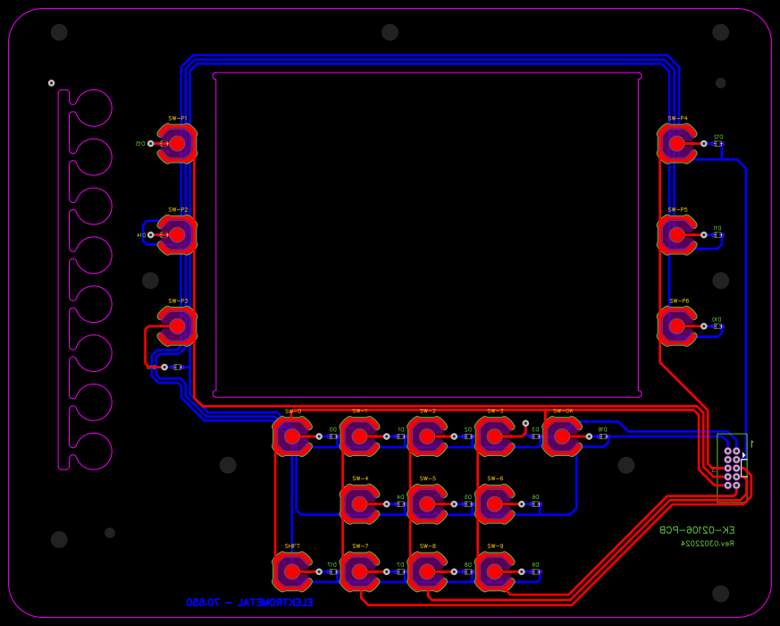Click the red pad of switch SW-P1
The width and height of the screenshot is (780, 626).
pos(177,143)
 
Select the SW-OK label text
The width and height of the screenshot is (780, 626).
pos(563,411)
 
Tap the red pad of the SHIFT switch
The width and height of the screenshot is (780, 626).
pos(291,571)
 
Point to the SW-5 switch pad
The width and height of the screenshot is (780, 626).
pos(427,504)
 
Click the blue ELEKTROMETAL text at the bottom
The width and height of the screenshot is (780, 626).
pos(249,603)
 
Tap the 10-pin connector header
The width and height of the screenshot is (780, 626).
pos(732,469)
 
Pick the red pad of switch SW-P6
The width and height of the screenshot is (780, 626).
pos(676,326)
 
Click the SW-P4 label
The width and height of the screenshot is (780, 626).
pos(677,118)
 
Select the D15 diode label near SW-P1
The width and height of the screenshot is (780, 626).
pos(139,143)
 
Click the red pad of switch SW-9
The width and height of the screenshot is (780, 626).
pos(494,571)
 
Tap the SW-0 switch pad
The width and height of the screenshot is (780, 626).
pos(291,436)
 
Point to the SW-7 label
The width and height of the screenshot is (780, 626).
pos(360,546)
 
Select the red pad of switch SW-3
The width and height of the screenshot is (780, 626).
pos(494,436)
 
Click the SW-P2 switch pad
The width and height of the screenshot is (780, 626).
pos(177,234)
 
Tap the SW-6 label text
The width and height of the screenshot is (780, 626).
pos(495,478)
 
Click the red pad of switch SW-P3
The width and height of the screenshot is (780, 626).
pos(177,326)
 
